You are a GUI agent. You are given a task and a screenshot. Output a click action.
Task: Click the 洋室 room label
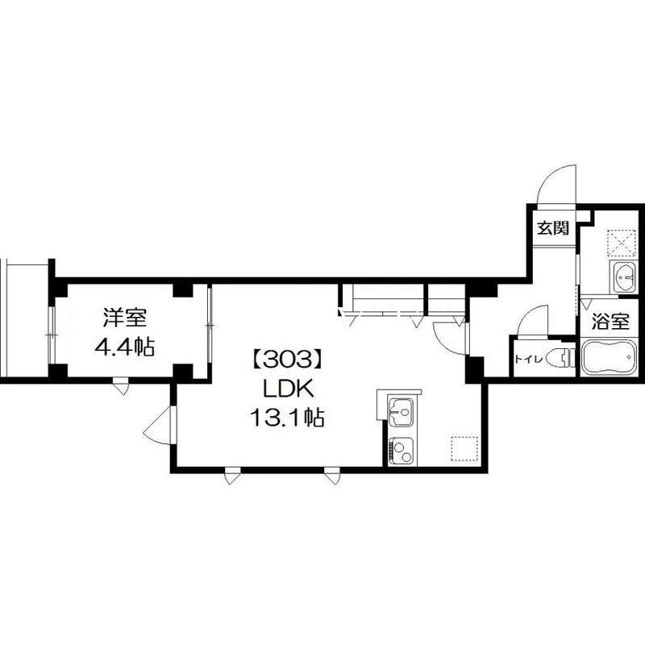coord(124,318)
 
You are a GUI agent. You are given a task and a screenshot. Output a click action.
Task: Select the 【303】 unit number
coord(287,360)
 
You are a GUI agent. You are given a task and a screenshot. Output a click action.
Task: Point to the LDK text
coord(288,389)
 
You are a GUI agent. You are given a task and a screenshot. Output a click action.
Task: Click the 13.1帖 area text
coord(287,418)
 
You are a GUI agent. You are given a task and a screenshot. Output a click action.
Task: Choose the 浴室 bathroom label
coord(610,321)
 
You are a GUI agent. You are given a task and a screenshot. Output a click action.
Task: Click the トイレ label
coord(529,359)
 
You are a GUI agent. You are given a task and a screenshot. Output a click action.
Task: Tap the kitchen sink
coord(401,412)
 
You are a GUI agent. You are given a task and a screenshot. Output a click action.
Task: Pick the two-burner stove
coord(402,451)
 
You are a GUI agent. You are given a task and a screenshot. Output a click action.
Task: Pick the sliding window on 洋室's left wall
coord(52,335)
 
